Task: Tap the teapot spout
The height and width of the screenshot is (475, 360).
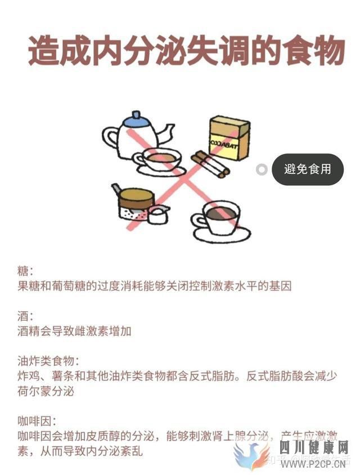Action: pyautogui.click(x=165, y=131)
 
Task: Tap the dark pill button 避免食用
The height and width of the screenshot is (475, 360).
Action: pyautogui.click(x=307, y=169)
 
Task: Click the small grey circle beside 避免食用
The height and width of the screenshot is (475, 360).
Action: pyautogui.click(x=262, y=169)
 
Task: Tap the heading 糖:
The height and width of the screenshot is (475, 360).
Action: pyautogui.click(x=26, y=271)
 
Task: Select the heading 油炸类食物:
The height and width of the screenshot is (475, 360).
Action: pyautogui.click(x=48, y=361)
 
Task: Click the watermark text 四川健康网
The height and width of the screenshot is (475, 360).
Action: pyautogui.click(x=314, y=448)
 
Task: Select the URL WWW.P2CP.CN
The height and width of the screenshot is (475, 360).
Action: pyautogui.click(x=313, y=464)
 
